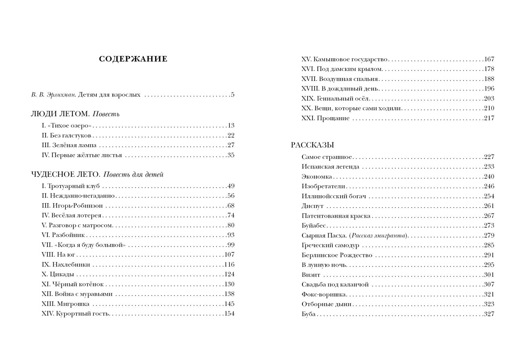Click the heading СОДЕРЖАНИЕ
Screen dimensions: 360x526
click(x=133, y=59)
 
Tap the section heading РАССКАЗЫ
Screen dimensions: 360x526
click(x=312, y=145)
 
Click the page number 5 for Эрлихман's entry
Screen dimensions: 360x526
click(x=233, y=94)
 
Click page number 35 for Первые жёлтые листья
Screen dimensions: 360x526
click(x=231, y=155)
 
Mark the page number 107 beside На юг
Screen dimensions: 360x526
click(x=229, y=254)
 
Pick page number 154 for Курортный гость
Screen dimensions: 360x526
click(x=229, y=314)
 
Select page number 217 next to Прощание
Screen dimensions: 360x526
click(x=489, y=118)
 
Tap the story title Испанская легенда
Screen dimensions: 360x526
click(x=331, y=166)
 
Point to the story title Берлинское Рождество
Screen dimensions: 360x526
click(x=337, y=255)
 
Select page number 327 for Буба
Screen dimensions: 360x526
click(x=489, y=314)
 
